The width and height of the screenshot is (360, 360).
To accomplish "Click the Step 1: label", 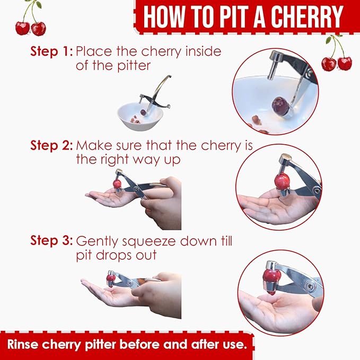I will point(51,52).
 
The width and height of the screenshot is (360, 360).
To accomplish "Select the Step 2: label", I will point(51,145).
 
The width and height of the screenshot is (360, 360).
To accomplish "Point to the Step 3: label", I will point(51,240).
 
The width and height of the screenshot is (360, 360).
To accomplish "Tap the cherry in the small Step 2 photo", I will point(117,184).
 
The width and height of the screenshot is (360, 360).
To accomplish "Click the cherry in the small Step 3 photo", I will point(111,278).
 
